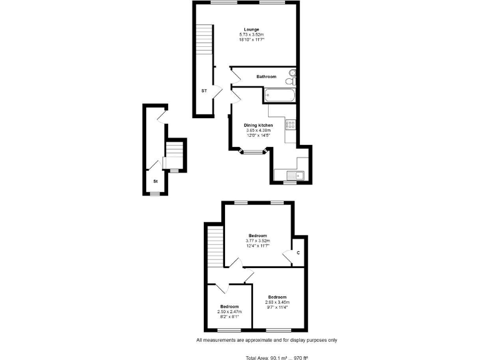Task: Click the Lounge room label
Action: pos(251,29)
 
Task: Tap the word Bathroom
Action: pos(266,76)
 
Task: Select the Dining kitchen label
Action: pos(258,125)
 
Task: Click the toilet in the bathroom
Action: pos(291,79)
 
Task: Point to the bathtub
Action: pos(279,95)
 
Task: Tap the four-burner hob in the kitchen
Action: pos(291,124)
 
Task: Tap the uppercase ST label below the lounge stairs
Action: pos(204,91)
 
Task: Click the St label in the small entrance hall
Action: pos(156,181)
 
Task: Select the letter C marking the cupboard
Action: pos(298,252)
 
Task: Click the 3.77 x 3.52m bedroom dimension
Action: pos(257,241)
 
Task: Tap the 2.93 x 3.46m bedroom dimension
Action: pos(277,302)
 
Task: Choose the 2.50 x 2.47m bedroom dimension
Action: pos(229,311)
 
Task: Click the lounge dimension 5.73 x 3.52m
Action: pos(251,34)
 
